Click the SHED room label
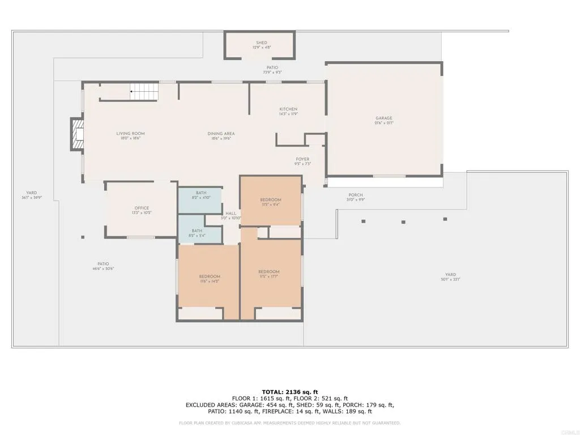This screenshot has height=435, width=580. (x=261, y=43)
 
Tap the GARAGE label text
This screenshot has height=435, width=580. (x=383, y=118)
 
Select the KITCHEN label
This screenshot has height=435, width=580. (x=288, y=109)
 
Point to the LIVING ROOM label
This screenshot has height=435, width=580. (x=131, y=134)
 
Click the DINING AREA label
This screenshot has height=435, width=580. (x=221, y=134)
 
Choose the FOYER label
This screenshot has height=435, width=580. (x=302, y=159)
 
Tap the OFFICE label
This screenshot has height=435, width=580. (x=142, y=208)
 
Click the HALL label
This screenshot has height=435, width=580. (x=231, y=214)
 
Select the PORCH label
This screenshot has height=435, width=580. (x=356, y=195)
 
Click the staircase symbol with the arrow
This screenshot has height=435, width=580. (x=143, y=91)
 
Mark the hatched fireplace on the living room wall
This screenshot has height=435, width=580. (x=76, y=134)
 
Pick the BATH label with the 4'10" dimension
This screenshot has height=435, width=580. (x=202, y=193)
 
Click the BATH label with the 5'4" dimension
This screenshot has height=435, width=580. (x=197, y=231)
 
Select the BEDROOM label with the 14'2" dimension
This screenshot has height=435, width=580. (x=209, y=276)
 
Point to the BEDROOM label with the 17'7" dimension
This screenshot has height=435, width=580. (x=268, y=272)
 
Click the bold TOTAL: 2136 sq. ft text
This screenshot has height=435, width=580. (x=290, y=392)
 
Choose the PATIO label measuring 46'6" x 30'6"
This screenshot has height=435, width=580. (x=103, y=264)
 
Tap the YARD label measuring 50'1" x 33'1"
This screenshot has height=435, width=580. (x=450, y=274)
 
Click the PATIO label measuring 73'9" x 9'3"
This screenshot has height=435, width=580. (x=272, y=68)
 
